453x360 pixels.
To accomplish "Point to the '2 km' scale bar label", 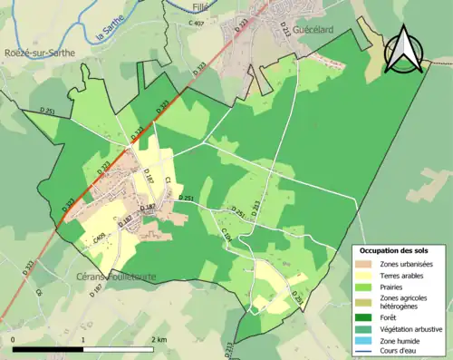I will [159, 339].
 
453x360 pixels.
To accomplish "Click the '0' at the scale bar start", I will [14, 339].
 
